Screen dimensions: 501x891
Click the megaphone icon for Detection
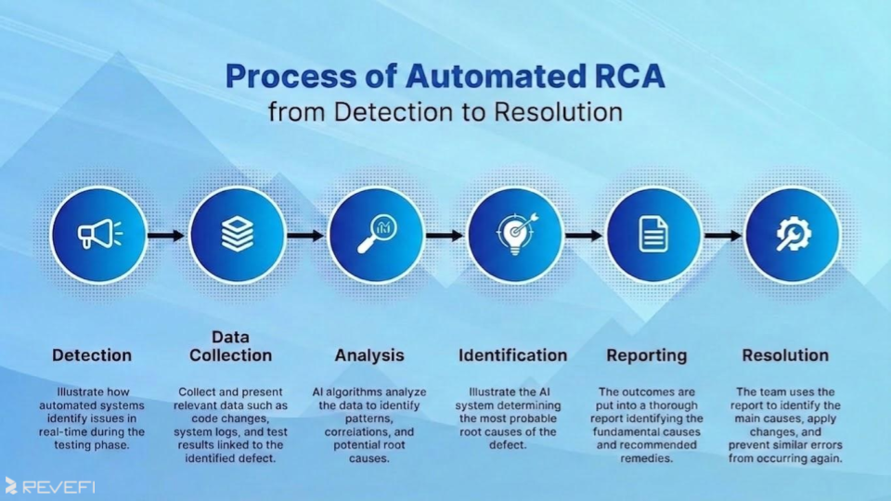click(x=98, y=235)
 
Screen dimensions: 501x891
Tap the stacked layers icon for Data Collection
click(x=237, y=235)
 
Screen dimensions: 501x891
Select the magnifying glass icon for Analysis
click(x=376, y=235)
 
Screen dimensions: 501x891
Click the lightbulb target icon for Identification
click(x=515, y=235)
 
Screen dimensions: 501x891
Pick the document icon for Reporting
click(x=653, y=235)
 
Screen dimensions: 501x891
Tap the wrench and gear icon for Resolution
click(x=793, y=235)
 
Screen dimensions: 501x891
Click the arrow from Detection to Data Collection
click(x=167, y=236)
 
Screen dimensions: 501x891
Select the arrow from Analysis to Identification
click(x=445, y=236)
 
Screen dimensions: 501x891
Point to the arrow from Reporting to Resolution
click(x=723, y=236)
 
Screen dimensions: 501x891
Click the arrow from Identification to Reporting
click(x=584, y=236)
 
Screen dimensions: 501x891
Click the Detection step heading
click(x=92, y=355)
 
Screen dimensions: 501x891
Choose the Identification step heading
click(x=512, y=355)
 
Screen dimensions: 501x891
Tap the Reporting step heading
click(x=647, y=355)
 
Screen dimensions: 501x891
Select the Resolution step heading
click(x=785, y=355)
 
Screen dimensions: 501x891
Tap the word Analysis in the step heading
click(x=369, y=355)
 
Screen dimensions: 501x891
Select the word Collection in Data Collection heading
click(x=231, y=355)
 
